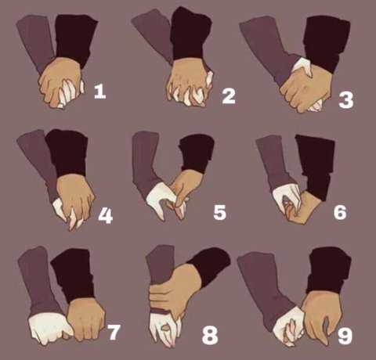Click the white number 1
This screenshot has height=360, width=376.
click(x=100, y=92)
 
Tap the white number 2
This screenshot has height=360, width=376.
click(x=229, y=95)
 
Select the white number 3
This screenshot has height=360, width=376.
click(x=346, y=100)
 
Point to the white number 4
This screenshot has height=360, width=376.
click(x=106, y=216)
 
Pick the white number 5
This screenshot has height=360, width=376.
click(x=219, y=212)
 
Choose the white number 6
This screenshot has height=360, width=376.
click(x=340, y=212)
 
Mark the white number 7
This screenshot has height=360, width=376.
click(x=114, y=332)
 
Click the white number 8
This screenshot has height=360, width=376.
click(x=210, y=335)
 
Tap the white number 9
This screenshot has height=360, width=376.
click(x=345, y=335)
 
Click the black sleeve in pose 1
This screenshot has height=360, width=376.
click(x=76, y=39)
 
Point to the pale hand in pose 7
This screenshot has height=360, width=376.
click(x=49, y=327)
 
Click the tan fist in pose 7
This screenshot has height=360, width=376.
click(x=86, y=319)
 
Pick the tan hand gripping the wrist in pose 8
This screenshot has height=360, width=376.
click(x=175, y=292)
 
